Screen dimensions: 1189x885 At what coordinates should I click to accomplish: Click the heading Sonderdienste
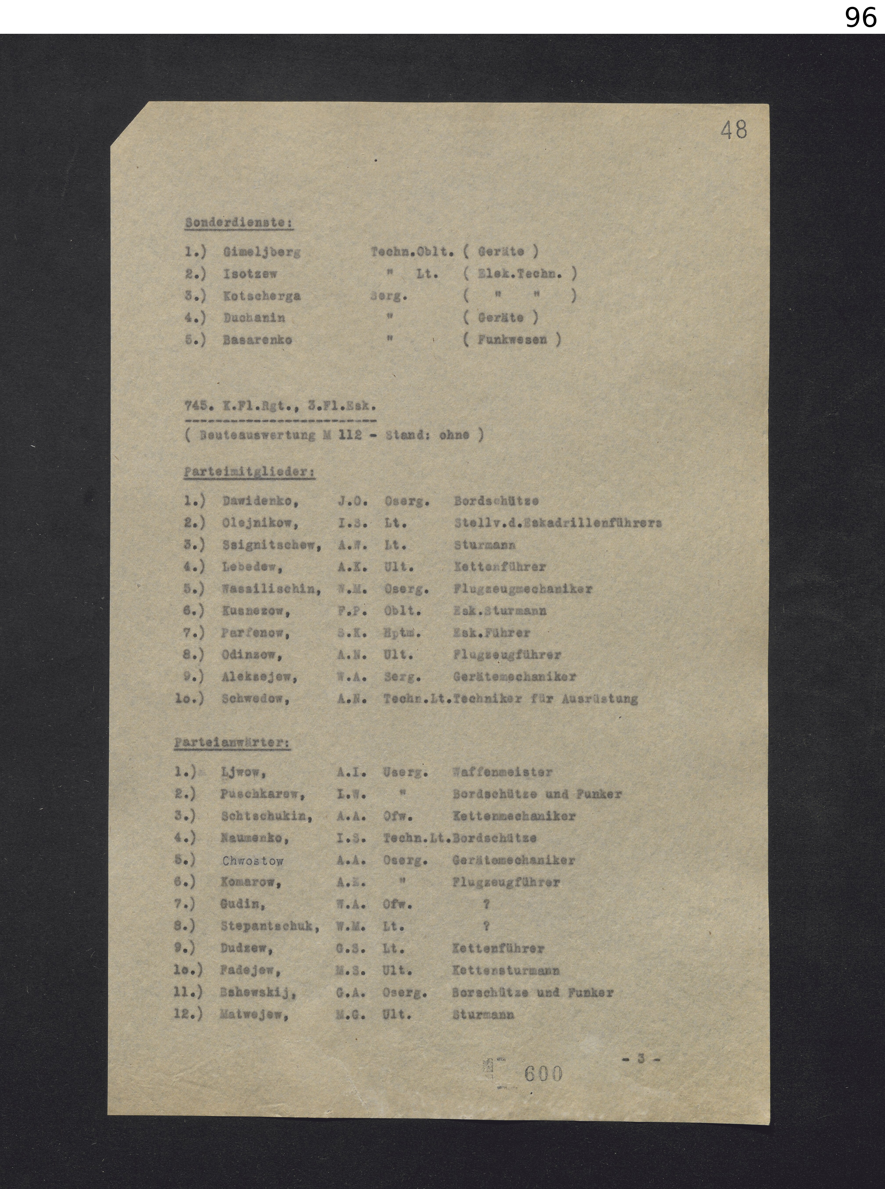239,223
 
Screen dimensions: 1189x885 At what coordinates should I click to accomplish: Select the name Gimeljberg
261,252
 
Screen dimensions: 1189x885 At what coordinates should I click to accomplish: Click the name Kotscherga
261,296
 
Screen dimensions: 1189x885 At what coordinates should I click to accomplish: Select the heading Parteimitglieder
249,472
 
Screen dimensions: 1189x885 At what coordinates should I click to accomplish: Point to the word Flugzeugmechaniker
522,589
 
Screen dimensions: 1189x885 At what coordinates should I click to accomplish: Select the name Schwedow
255,698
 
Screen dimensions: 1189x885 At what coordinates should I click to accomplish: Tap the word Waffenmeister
502,772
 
